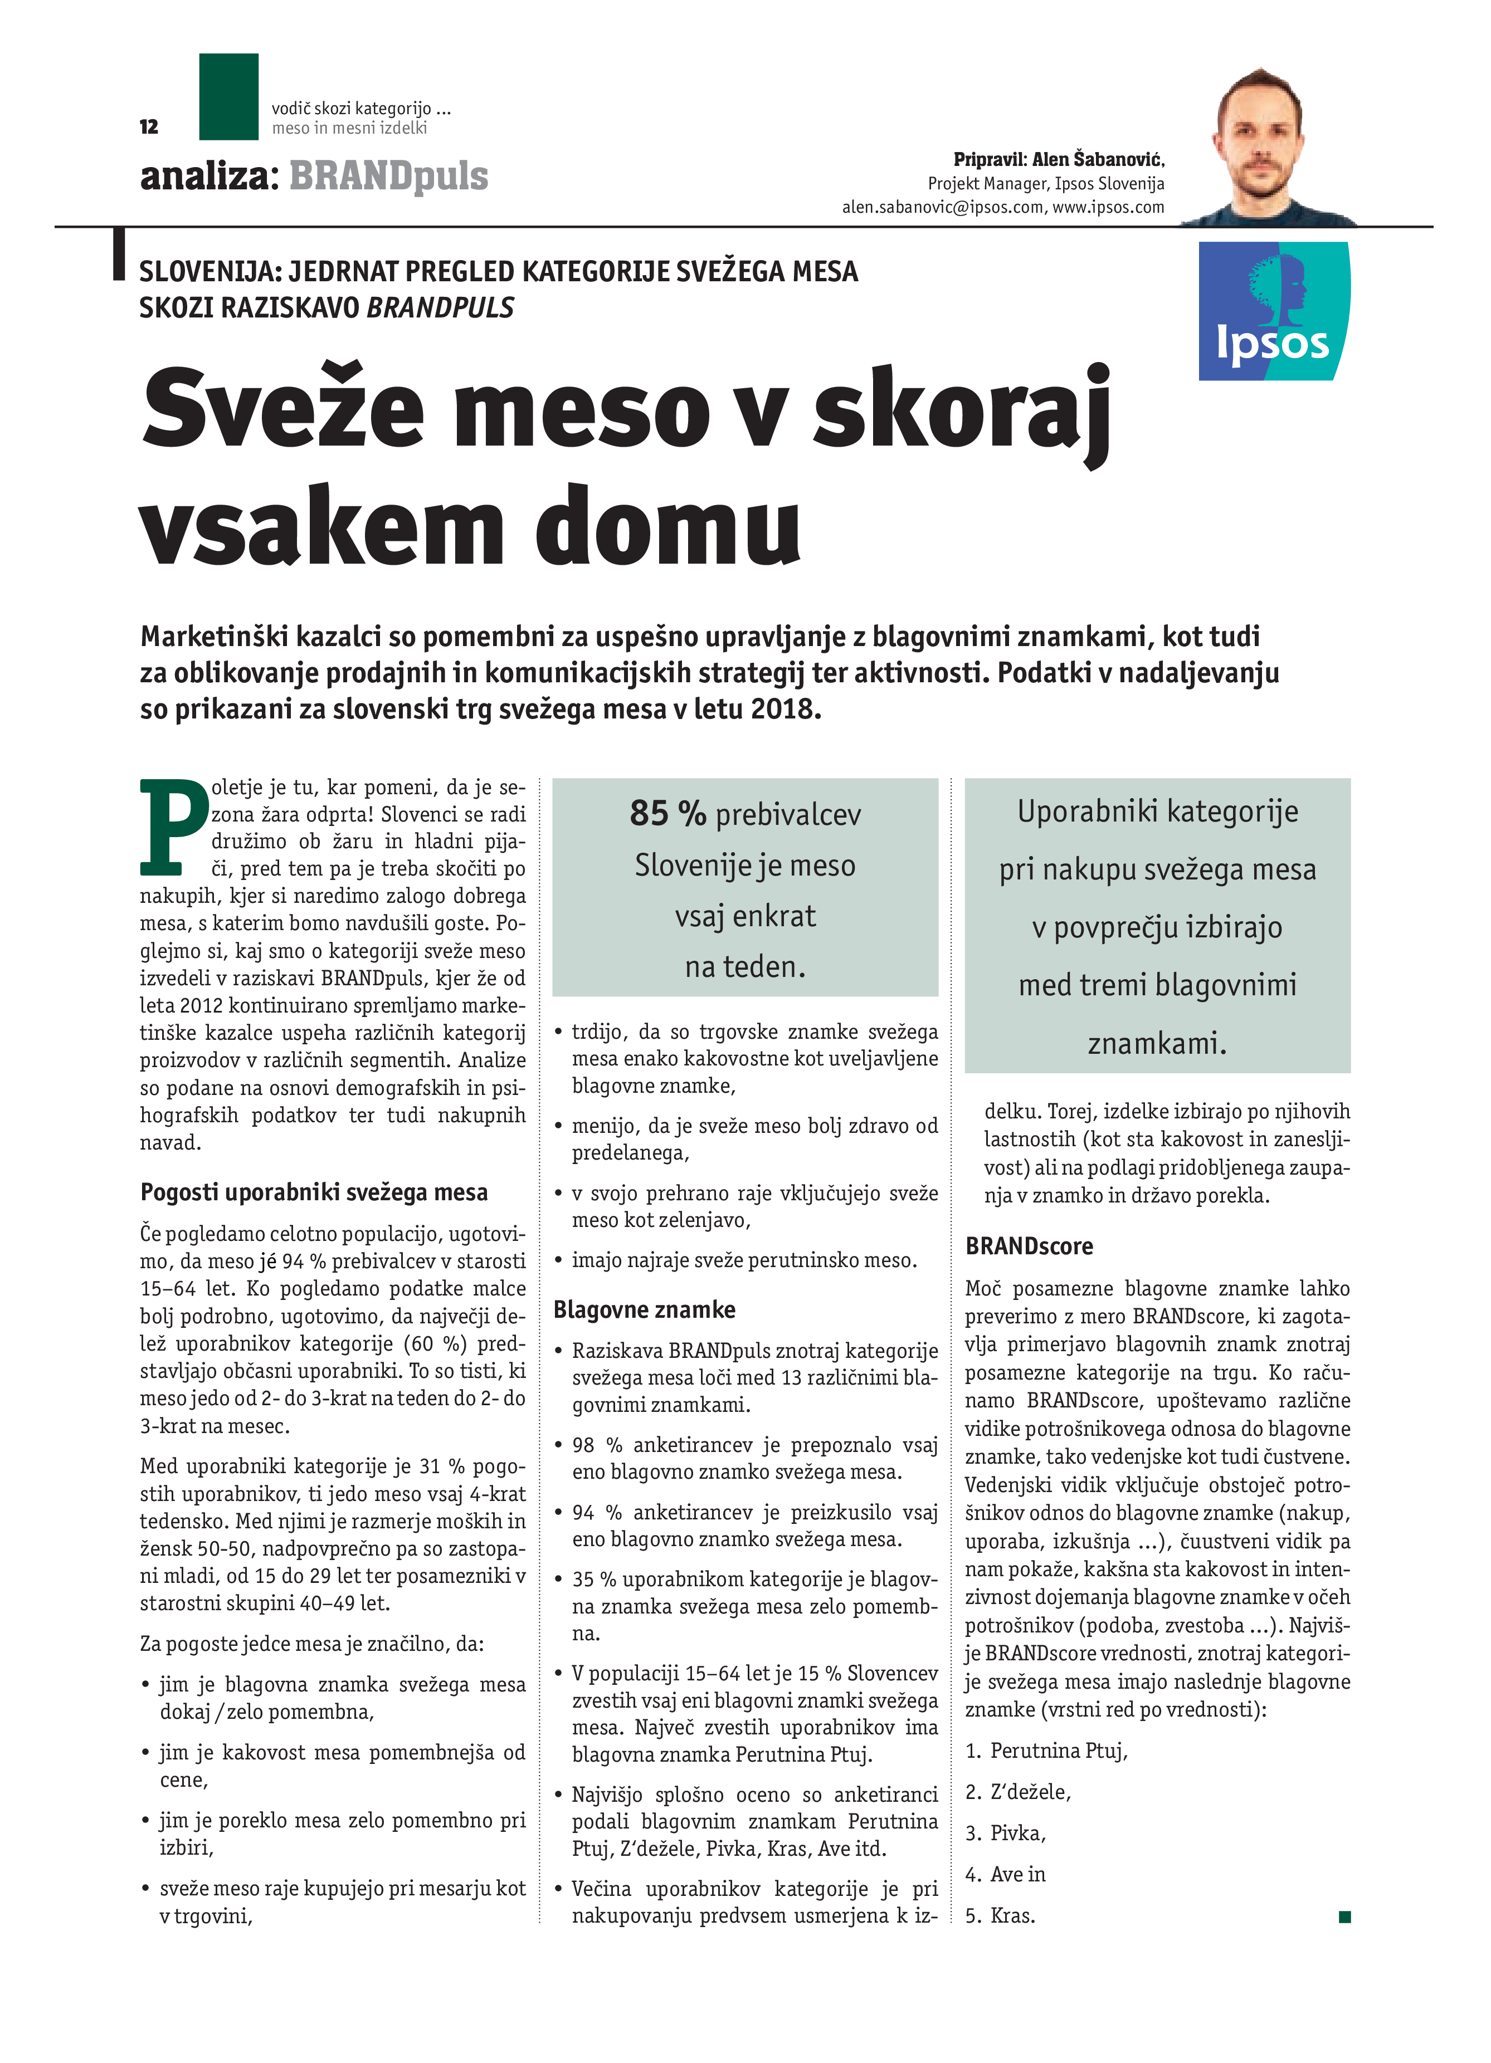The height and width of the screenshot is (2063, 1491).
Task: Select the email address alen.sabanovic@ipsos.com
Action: (942, 207)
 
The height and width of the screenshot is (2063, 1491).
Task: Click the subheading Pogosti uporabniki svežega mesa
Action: (314, 1192)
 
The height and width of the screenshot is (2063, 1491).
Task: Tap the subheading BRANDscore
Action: (1029, 1246)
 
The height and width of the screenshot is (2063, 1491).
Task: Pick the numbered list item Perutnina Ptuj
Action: (1059, 1751)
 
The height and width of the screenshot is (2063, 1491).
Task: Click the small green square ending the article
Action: (1344, 1917)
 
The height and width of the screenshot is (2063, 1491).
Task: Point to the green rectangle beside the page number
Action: (228, 96)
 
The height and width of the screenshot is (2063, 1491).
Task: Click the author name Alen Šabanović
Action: (1098, 160)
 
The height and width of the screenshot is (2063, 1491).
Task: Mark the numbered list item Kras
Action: (1012, 1915)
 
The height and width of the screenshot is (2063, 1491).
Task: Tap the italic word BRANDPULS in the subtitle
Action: (440, 309)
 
